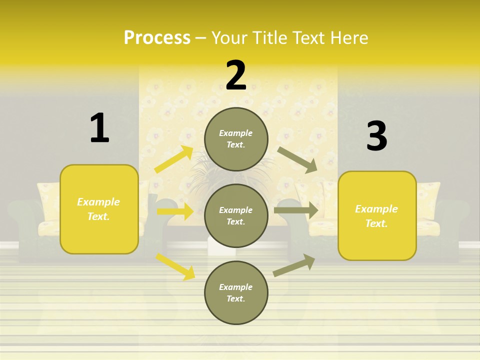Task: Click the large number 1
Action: [99, 128]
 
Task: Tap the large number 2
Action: [236, 75]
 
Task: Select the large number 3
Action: [376, 136]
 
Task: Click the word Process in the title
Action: [157, 37]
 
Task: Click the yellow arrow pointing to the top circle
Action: [174, 159]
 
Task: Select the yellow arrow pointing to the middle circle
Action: [175, 211]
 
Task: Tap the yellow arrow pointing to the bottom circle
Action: [175, 266]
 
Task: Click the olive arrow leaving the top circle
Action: [297, 159]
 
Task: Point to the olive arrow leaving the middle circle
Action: [296, 210]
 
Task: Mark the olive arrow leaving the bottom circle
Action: [294, 265]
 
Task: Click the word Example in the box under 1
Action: [98, 202]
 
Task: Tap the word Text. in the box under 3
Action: [376, 223]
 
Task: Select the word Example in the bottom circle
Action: [236, 287]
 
